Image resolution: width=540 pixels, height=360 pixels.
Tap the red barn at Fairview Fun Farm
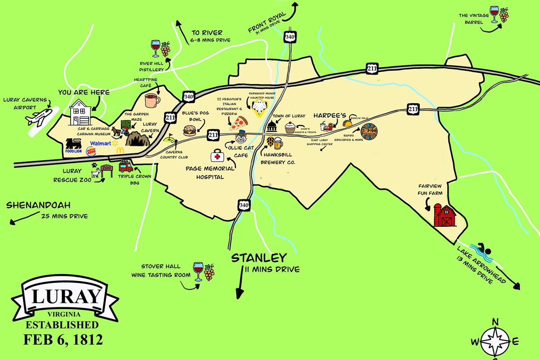click(445, 216)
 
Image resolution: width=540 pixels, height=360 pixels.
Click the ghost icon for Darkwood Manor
click(259, 108)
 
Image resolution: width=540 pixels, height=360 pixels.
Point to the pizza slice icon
click(241, 122)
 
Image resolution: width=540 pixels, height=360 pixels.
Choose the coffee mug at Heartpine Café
click(151, 100)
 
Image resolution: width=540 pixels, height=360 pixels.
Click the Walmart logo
click(101, 144)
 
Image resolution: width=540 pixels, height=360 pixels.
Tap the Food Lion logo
click(75, 146)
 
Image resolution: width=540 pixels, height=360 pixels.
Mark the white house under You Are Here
click(81, 112)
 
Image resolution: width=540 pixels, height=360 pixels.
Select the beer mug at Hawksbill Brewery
click(278, 143)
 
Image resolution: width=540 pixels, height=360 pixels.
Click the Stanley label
click(259, 258)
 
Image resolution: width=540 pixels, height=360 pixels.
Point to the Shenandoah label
click(39, 206)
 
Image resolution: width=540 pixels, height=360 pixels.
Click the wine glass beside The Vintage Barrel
click(494, 14)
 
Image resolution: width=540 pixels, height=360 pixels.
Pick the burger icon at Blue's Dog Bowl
click(189, 130)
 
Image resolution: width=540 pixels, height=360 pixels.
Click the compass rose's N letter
click(495, 321)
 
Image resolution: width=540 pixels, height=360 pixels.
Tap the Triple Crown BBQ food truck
click(126, 166)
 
